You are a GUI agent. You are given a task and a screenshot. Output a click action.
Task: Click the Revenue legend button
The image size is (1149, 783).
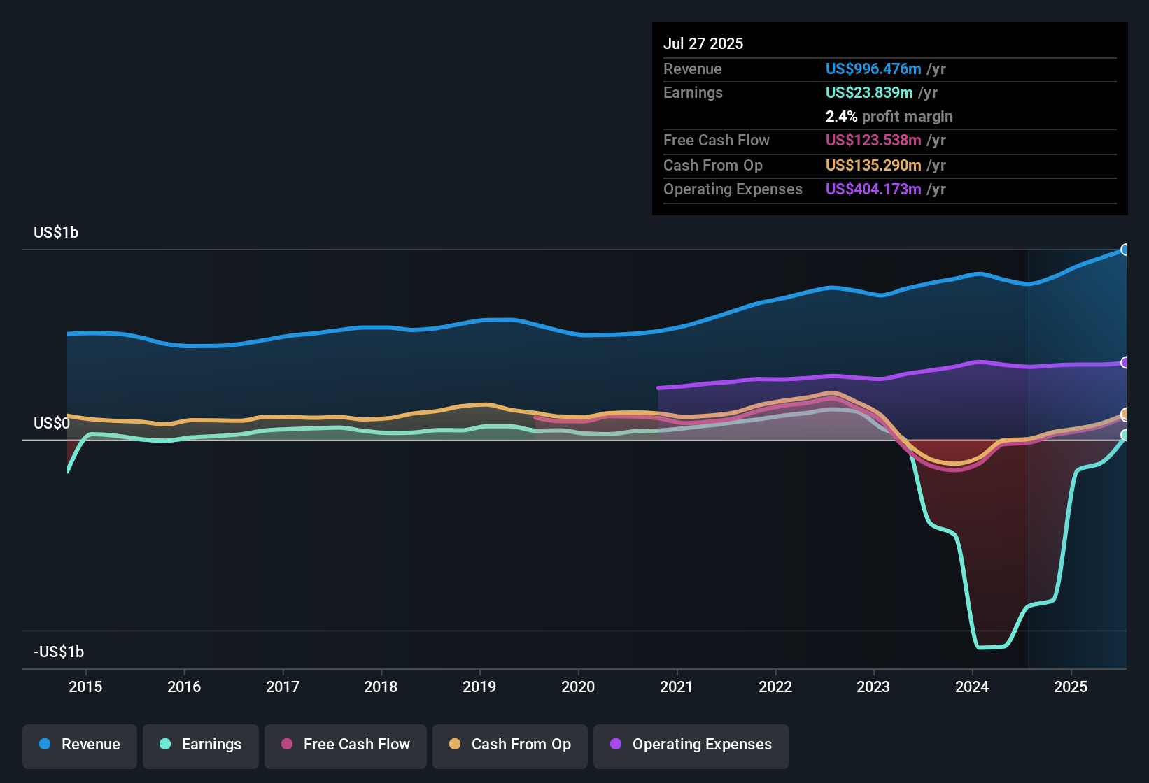[x=80, y=745]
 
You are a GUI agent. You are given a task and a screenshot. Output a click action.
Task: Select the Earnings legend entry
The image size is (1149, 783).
[x=201, y=745]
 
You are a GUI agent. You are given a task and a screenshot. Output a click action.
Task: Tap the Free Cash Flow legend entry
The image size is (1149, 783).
[x=346, y=745]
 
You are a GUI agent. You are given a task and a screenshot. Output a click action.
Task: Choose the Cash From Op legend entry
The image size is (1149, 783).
[x=510, y=745]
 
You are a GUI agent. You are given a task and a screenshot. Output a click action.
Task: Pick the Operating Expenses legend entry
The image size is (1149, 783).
[x=691, y=745]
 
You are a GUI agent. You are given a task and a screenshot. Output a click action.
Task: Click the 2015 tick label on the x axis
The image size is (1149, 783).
[x=85, y=687]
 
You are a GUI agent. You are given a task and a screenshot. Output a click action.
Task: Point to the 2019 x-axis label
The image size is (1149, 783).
[x=479, y=687]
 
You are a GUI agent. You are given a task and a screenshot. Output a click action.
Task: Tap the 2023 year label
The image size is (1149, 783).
[x=873, y=687]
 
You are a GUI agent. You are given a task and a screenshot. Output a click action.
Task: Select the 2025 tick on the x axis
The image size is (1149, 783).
[x=1071, y=687]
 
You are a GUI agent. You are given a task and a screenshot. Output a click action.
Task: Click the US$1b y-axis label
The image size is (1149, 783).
[x=56, y=233]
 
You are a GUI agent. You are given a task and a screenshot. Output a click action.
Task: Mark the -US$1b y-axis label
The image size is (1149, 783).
[x=59, y=652]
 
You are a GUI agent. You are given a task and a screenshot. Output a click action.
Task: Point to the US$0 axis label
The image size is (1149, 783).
[x=52, y=424]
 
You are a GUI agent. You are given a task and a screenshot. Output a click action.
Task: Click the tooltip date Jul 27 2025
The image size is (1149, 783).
[x=703, y=43]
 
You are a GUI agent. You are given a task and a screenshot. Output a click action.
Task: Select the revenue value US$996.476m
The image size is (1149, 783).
[x=873, y=69]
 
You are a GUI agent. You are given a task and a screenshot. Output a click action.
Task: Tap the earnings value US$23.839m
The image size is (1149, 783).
[x=869, y=93]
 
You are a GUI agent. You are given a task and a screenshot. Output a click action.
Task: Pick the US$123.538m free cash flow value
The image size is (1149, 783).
[x=873, y=141]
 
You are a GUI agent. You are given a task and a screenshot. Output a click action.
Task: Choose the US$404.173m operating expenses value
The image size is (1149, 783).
[x=873, y=189]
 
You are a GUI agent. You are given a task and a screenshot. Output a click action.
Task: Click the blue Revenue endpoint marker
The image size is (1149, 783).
[x=1125, y=250]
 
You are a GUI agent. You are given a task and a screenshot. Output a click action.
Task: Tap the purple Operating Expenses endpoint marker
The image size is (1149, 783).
[x=1125, y=363]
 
